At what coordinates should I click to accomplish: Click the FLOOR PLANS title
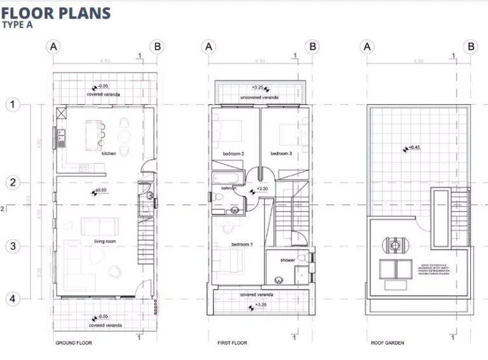point(57,12)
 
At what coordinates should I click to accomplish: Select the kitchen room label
point(107,153)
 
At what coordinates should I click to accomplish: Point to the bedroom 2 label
point(233,154)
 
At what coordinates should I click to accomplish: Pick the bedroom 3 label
point(281,154)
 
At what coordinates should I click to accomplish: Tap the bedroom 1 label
point(241,245)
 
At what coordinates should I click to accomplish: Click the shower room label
point(287,260)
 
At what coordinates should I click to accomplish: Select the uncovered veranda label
point(259,98)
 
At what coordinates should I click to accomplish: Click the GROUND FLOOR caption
point(74,343)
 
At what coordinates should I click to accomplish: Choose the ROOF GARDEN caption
point(387,343)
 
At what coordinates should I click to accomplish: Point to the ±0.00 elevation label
point(100,190)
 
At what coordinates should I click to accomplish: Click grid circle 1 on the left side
point(13,105)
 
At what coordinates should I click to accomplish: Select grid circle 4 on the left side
point(13,298)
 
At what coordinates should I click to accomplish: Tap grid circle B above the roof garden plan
point(471,46)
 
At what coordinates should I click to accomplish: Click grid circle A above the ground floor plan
point(54,46)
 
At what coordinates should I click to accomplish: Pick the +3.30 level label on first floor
point(262,190)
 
